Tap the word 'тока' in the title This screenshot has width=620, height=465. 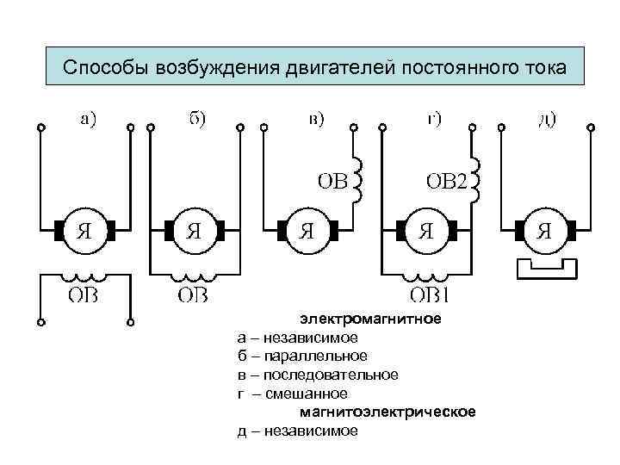(x=544, y=68)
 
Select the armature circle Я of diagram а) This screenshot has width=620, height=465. (x=84, y=231)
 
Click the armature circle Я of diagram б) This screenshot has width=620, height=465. (x=195, y=231)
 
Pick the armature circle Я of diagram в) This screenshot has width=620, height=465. (x=307, y=231)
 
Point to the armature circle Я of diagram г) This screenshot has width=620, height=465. (x=425, y=231)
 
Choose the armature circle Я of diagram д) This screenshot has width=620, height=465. (x=545, y=231)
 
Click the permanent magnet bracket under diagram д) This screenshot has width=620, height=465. (x=545, y=269)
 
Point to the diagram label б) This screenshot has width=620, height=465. (x=196, y=120)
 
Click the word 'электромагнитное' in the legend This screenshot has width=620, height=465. (x=370, y=319)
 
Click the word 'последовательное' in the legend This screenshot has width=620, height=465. (x=331, y=375)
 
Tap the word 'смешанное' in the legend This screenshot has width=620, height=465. (x=306, y=394)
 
